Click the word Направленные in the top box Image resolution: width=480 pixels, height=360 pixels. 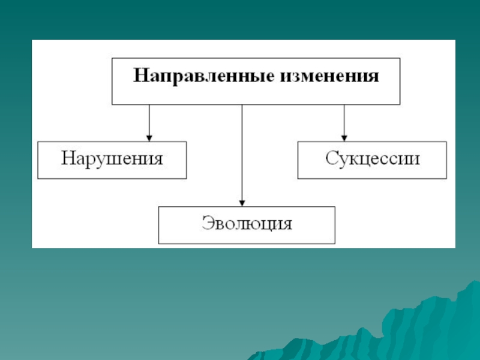[x=203, y=76]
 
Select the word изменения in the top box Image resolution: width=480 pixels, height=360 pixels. [x=329, y=76]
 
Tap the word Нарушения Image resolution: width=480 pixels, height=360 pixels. [x=112, y=159]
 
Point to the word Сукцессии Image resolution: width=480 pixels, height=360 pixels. [x=372, y=159]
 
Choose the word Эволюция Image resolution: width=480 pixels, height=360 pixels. [x=247, y=223]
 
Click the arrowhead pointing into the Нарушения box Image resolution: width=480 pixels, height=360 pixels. [x=149, y=138]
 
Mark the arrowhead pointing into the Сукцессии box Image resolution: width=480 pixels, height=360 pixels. [x=344, y=138]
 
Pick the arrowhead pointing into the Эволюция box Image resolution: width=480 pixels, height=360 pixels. [x=242, y=203]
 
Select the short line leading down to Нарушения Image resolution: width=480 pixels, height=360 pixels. [x=149, y=123]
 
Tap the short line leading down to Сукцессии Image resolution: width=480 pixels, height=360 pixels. [x=344, y=123]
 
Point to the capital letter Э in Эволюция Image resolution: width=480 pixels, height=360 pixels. [x=208, y=223]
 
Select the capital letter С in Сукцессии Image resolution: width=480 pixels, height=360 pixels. [x=331, y=158]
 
